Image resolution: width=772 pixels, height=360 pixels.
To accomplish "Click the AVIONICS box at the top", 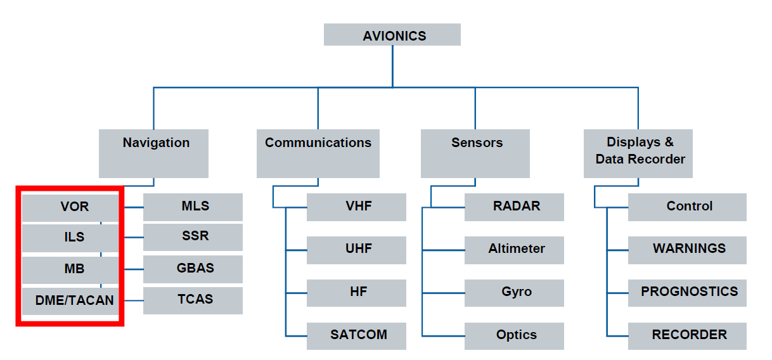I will pos(392,35).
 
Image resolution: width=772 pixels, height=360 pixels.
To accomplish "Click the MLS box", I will pos(193,207).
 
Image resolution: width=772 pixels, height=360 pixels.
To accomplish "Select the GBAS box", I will pos(193,269).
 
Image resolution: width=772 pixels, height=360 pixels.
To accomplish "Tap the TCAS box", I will pos(193,300).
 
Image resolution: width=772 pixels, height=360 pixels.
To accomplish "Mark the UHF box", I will pos(356,250).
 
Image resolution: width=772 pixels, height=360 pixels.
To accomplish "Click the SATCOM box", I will pos(356,335).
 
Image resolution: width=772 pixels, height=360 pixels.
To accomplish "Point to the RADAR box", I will pos(514,207).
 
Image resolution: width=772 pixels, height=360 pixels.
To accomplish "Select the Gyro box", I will pos(514,293).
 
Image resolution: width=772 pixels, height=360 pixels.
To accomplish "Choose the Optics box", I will pos(514,335).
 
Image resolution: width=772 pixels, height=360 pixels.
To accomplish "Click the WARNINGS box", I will pos(687,250).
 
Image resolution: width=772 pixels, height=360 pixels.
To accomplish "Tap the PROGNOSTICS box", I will pos(687,293).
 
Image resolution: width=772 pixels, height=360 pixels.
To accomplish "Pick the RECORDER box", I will pos(687,335).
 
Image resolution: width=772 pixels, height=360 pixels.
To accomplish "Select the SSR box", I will pos(193,237).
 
